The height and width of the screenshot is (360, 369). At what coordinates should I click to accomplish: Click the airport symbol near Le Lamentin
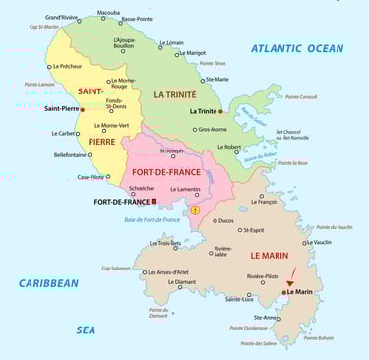click(195, 210)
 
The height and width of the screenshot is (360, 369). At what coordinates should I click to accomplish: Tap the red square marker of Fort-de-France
click(154, 202)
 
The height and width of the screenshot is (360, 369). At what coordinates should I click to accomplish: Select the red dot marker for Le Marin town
click(283, 291)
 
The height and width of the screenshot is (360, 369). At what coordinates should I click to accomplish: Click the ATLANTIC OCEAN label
click(296, 48)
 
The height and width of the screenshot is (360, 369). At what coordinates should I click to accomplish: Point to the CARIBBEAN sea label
click(48, 283)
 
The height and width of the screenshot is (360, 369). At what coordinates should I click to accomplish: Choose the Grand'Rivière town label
click(62, 17)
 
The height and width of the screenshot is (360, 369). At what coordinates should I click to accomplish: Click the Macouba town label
click(109, 13)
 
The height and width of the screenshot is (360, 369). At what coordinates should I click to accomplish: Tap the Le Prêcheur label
click(65, 66)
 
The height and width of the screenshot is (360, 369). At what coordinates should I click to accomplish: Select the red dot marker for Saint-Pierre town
click(82, 109)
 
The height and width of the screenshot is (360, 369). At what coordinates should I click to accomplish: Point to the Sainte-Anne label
click(266, 318)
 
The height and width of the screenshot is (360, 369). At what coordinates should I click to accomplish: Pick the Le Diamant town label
click(182, 282)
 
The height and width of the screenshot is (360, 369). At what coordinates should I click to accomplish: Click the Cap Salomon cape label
click(115, 268)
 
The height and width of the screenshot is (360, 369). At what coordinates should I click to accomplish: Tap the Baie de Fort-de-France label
click(145, 220)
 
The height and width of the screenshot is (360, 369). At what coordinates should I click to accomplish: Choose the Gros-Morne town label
click(212, 129)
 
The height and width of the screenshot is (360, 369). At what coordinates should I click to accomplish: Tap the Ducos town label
click(225, 220)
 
